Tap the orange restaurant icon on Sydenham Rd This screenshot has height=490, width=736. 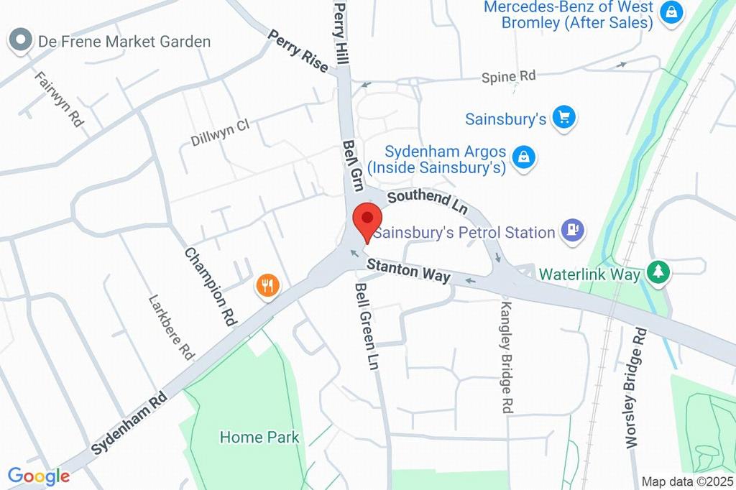267,286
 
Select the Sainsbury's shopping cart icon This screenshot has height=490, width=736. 564,118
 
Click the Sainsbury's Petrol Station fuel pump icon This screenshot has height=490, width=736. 574,231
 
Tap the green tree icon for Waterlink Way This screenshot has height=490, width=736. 657,272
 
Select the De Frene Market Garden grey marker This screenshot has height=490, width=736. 21,40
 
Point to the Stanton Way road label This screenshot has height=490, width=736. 408,271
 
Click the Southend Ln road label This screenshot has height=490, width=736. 427,203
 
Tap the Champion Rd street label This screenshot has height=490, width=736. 211,287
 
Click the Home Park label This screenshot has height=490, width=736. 259,437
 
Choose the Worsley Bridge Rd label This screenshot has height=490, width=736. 637,389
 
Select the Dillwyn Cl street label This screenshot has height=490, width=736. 219,133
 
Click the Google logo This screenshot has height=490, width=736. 39,476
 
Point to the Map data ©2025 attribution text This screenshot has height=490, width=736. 686,481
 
